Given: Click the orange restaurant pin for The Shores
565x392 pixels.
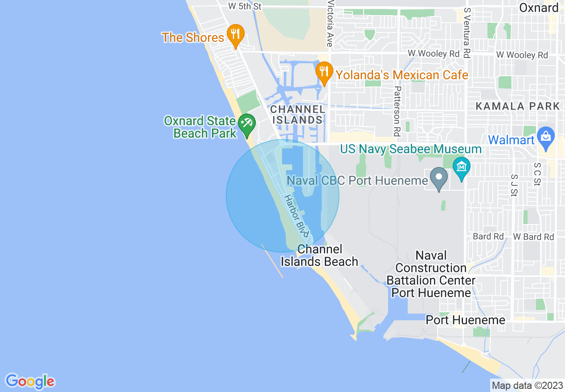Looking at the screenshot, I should point(234,35).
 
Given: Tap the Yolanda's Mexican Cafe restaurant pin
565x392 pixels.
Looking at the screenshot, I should point(324,72).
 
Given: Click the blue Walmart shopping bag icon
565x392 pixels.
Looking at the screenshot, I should point(545,137).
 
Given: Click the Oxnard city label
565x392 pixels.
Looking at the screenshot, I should point(538,8).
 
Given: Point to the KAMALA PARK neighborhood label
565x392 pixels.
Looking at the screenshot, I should point(517,106).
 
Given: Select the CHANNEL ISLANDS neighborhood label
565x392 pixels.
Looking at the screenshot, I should point(298,114).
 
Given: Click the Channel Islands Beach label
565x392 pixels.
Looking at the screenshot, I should point(319,256).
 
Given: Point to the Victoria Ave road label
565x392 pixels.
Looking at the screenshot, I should point(330,24).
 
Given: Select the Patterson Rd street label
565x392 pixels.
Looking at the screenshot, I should point(397,111).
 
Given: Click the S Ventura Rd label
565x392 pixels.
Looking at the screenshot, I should point(467,33).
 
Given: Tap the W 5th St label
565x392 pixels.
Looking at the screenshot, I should point(244,6).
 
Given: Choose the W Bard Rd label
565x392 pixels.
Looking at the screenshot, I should point(533,237).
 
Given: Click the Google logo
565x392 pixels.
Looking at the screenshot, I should point(30,381).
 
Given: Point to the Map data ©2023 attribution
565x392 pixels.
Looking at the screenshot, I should point(527,385).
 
